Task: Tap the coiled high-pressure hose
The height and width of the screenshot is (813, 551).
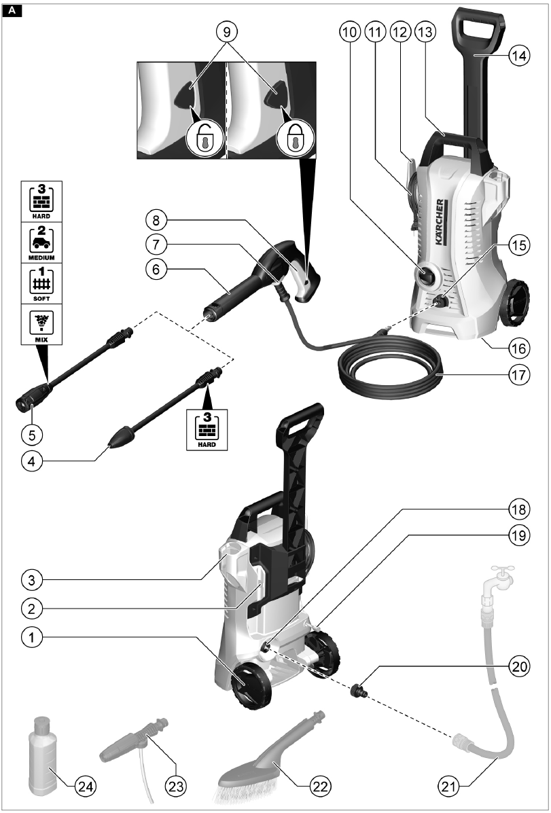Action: [x=387, y=370]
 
